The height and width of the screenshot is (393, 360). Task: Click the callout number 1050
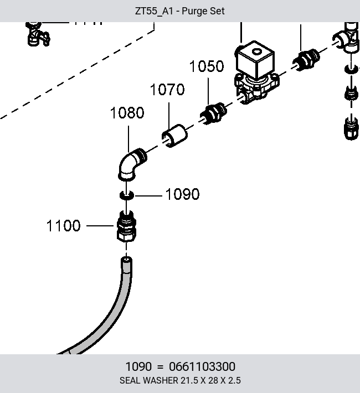(207, 66)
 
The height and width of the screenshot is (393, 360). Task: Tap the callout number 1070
(167, 90)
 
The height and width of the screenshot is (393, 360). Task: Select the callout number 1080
(127, 113)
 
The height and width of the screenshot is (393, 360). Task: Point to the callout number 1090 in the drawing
(183, 194)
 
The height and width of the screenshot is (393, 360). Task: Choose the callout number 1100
(64, 226)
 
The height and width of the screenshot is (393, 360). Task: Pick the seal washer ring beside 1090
(127, 195)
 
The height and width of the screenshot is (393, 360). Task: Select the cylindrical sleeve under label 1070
(174, 136)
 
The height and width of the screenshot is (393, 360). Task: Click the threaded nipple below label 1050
(213, 113)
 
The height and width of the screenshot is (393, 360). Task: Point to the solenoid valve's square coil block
(255, 59)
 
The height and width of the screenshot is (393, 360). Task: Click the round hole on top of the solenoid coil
(256, 52)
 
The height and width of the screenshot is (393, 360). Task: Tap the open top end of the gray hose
(126, 260)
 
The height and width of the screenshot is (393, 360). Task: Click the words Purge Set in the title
(203, 11)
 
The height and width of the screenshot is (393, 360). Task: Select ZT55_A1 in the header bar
(154, 11)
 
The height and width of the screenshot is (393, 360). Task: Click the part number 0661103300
(202, 366)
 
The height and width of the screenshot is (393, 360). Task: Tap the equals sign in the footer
(160, 367)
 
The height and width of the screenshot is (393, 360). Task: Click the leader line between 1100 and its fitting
(100, 226)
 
